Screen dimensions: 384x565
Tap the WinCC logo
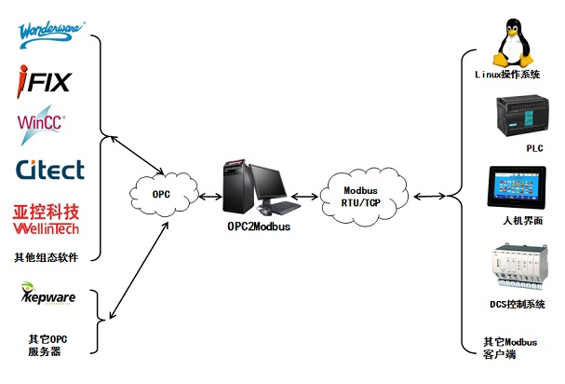coord(41,124)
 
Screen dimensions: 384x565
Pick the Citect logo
coord(49,170)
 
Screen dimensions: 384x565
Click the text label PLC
coord(534,148)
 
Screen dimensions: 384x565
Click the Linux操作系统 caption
coord(507,74)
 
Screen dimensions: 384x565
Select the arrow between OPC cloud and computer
coord(209,197)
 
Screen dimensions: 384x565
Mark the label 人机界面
coord(519,219)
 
